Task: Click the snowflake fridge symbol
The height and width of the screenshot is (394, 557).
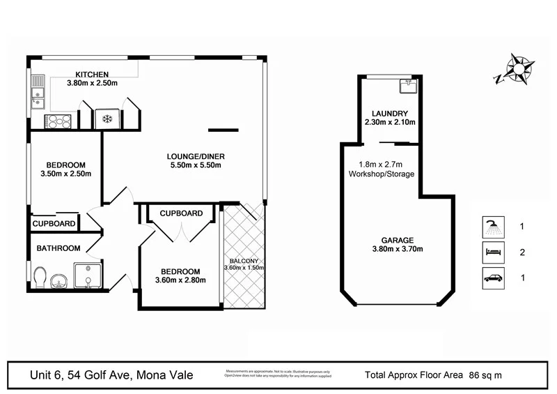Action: click(107, 119)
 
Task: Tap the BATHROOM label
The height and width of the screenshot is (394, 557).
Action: click(58, 248)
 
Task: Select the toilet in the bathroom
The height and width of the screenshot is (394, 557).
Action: click(40, 278)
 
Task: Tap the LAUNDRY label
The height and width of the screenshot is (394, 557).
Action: click(389, 114)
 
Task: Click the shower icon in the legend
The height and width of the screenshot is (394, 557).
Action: click(493, 227)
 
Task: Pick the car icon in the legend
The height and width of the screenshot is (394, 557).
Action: click(493, 278)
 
